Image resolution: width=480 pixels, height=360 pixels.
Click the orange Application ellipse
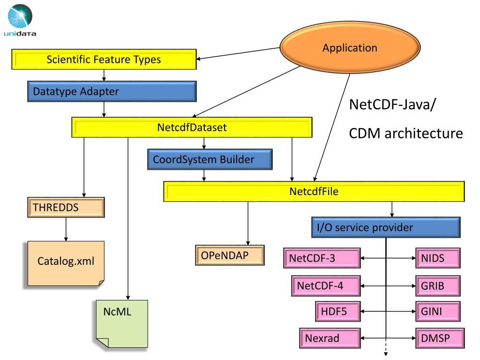coord(350,47)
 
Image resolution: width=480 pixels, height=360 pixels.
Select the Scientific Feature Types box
coord(104,60)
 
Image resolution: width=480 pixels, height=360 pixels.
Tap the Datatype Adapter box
coord(112,91)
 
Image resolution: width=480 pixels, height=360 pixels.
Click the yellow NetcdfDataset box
coord(192,127)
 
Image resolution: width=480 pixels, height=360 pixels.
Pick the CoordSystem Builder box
coord(210,159)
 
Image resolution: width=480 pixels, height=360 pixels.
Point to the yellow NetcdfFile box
coord(314,191)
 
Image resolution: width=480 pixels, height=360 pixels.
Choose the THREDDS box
coord(66,207)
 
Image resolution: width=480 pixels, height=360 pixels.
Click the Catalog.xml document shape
coord(66,263)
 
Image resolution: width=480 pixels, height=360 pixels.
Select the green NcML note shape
coord(122,323)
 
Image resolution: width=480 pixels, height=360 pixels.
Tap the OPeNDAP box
coord(230,255)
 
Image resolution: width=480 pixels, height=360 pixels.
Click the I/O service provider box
coord(386,227)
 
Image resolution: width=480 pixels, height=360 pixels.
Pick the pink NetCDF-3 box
coord(322,258)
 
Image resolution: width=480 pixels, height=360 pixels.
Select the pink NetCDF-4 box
coord(326,285)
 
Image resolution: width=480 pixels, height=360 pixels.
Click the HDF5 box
coord(337,311)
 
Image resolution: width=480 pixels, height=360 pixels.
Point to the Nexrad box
coord(330,338)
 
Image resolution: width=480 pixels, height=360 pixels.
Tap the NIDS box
coord(438,258)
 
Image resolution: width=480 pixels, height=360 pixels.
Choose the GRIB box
coord(438,285)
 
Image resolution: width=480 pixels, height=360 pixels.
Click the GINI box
coord(438,311)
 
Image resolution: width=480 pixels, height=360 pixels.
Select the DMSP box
coord(440,338)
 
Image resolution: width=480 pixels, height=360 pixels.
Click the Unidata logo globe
coord(20,16)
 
